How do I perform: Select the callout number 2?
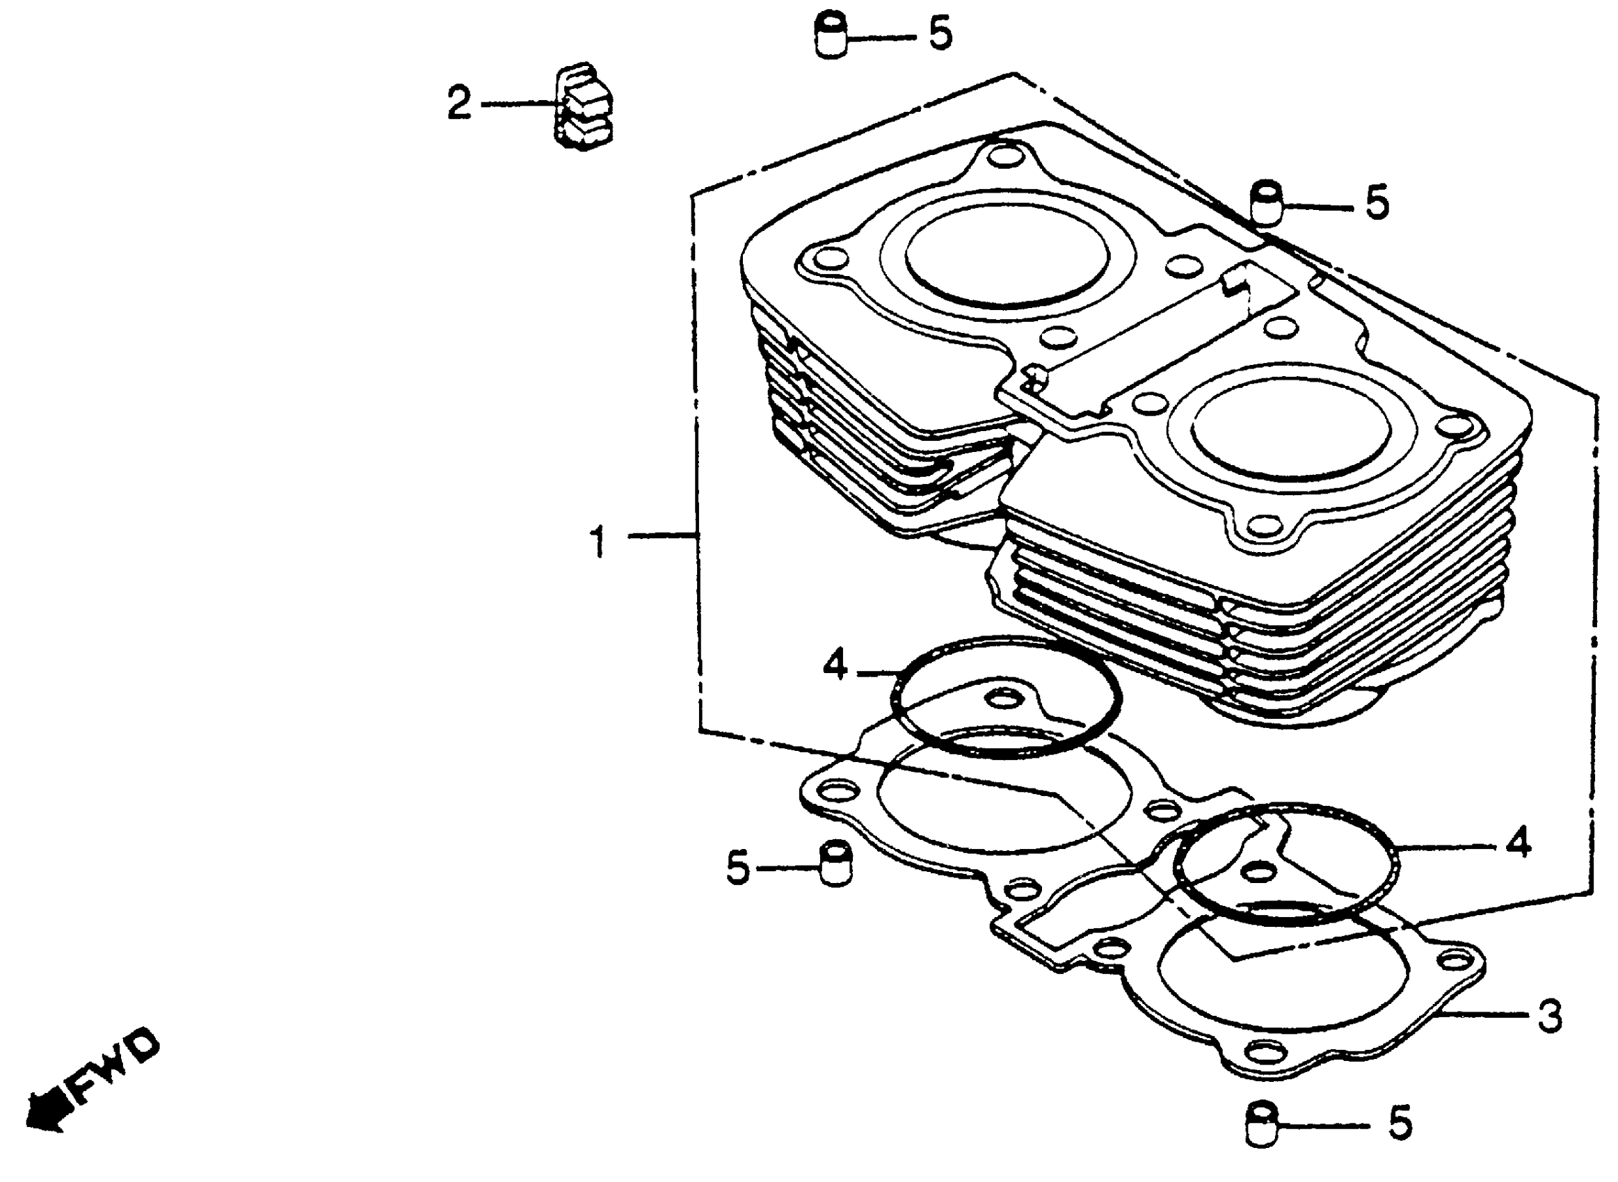[x=458, y=103]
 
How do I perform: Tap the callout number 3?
[x=1550, y=1015]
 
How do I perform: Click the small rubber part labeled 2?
[x=584, y=106]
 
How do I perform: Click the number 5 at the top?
[x=940, y=33]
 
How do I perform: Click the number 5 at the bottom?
[x=1400, y=1124]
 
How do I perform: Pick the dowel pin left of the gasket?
[x=835, y=864]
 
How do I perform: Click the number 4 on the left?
[x=835, y=665]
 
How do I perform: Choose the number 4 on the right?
[x=1518, y=842]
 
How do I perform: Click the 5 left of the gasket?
[x=738, y=868]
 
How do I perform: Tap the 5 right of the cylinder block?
[x=1377, y=203]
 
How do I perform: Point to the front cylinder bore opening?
[x=1291, y=427]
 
